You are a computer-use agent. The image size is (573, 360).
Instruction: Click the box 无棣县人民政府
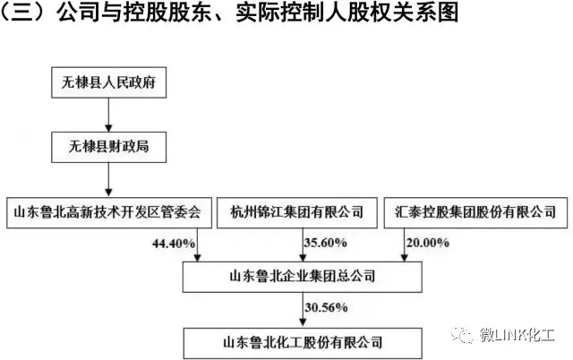coord(109,82)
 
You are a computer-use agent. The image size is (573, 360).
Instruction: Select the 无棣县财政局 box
coord(109,147)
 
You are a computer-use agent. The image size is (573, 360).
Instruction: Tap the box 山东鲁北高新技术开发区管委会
coord(109,213)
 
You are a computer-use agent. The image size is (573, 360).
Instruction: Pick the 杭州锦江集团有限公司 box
coord(297,213)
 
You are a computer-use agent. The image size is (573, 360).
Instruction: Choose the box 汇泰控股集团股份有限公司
coord(475,213)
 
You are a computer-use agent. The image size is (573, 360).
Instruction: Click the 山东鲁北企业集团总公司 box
coord(303,277)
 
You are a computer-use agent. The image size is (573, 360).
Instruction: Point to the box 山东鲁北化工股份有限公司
coord(303,343)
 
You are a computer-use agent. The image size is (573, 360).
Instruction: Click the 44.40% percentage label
coord(174,243)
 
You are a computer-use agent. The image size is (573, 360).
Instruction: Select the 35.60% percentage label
coord(325,243)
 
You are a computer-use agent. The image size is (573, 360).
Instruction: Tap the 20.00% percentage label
coord(428,243)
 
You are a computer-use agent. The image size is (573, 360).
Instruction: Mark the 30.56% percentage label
coord(326,307)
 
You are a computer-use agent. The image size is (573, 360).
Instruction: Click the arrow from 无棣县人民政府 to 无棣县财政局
coord(108,115)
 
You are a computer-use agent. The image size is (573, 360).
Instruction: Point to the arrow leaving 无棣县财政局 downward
coord(108,179)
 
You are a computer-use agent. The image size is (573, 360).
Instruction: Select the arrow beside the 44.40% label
coord(197,244)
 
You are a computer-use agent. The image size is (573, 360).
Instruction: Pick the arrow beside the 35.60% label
coord(303,244)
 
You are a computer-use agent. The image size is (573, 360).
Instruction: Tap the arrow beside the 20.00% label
coord(404,244)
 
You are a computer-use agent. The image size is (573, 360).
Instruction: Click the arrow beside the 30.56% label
coord(303,310)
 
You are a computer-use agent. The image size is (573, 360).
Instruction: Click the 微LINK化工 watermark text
coord(517,335)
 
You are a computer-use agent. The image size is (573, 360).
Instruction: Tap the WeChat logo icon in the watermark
coord(462,334)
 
